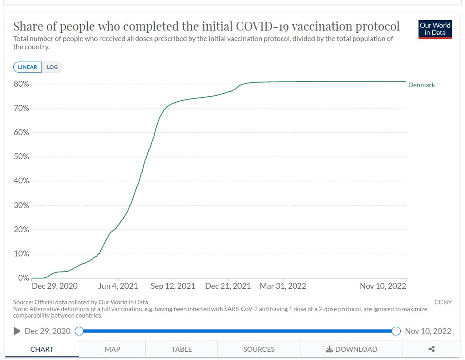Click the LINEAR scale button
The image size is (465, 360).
pos(28,67)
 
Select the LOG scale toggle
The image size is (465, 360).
pos(52,67)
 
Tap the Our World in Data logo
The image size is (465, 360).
pos(435,29)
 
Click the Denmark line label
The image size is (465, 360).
pos(421,85)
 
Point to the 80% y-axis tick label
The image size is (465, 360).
pos(21,84)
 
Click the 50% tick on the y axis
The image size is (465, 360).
pos(21,157)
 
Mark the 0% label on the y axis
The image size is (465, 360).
pos(23,278)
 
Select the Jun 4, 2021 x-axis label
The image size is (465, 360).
pos(118,286)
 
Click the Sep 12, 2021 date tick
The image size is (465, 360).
pos(173,286)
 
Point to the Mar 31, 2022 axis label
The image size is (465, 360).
pos(283,286)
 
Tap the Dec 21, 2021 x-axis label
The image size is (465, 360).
pos(228,286)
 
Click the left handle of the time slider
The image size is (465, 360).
pos(79,331)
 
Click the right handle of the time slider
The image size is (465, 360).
pos(396,331)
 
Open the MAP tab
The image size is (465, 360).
pos(112,349)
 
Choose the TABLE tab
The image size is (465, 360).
pos(181,349)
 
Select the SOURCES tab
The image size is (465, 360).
pos(258,349)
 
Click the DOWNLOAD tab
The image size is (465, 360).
pos(351,349)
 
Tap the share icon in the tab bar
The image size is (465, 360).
pos(431,349)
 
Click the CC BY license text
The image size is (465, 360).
pos(443,302)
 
